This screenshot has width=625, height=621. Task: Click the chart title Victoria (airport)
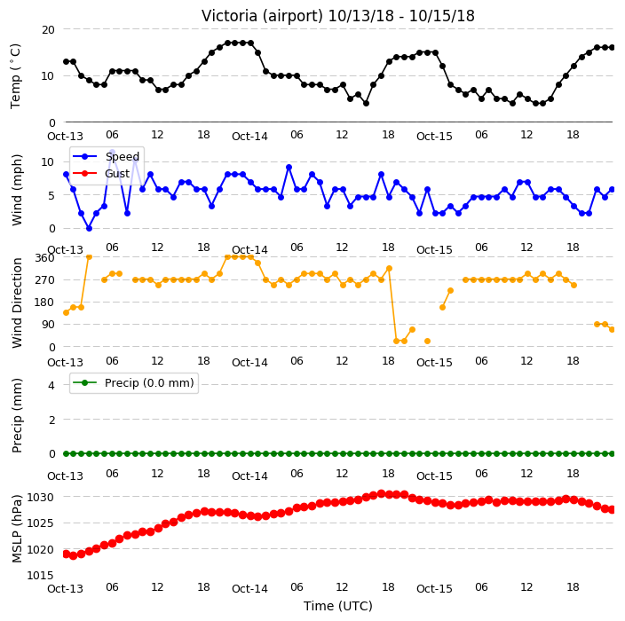(262, 16)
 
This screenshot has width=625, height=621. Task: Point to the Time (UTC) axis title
(338, 606)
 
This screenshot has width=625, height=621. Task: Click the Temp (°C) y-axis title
(16, 76)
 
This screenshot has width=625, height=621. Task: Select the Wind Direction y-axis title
(17, 303)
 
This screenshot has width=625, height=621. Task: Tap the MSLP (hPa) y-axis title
(17, 529)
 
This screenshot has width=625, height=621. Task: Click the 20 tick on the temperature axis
(48, 30)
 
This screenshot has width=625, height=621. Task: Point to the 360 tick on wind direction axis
(44, 258)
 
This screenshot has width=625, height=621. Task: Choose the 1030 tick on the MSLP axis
(40, 497)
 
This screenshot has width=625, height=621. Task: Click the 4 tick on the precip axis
(51, 385)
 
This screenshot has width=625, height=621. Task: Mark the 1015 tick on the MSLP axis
(40, 575)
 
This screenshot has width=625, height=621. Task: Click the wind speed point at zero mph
(89, 228)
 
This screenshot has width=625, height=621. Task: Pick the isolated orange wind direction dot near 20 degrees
(427, 341)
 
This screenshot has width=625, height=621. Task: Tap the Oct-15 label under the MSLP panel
(434, 589)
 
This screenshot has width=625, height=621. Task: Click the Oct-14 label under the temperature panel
(250, 137)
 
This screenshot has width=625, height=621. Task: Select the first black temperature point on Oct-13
(67, 62)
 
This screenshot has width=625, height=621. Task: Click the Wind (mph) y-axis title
(17, 191)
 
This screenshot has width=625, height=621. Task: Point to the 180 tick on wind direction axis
(44, 303)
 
